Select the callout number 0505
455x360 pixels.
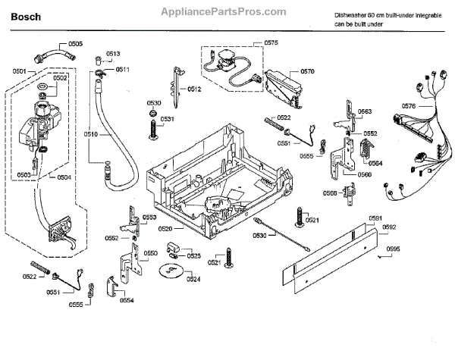[x=76, y=44]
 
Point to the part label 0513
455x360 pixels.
[x=113, y=54]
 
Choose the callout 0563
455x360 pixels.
[x=366, y=111]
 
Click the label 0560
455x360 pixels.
[x=365, y=174]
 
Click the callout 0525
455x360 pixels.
[x=194, y=256]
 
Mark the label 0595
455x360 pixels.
[x=391, y=249]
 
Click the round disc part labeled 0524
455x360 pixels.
[x=170, y=269]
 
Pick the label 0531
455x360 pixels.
[x=167, y=119]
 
